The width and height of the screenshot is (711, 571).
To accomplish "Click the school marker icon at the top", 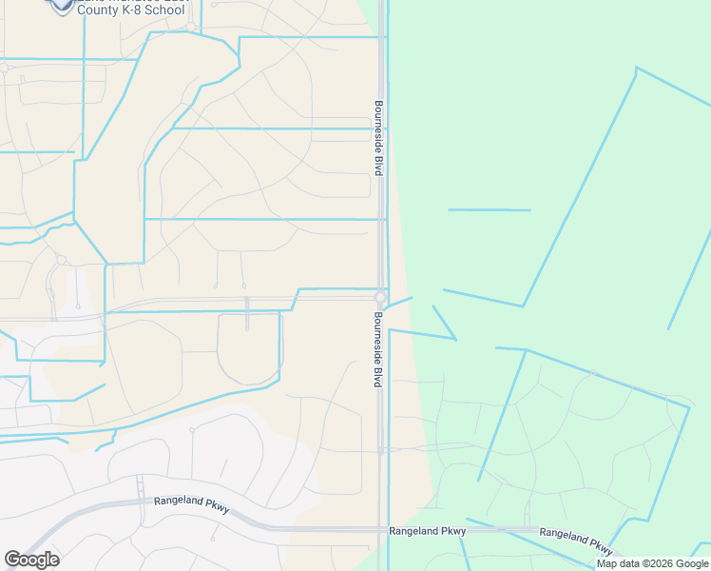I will point(63,5).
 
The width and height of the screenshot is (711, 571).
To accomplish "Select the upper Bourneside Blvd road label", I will point(377,138).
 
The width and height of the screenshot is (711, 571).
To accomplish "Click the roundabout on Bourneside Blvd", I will point(380,297).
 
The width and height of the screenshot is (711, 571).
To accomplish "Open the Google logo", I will point(31,560).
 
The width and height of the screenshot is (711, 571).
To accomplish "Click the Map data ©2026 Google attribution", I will point(651,563).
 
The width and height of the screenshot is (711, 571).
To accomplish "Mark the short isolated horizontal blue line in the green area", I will point(489,209).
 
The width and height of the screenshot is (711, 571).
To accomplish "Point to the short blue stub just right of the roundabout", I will point(400,302).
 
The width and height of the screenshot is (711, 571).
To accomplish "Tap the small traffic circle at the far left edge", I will point(3,68).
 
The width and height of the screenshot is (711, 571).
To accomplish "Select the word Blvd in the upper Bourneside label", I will point(377,166).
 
